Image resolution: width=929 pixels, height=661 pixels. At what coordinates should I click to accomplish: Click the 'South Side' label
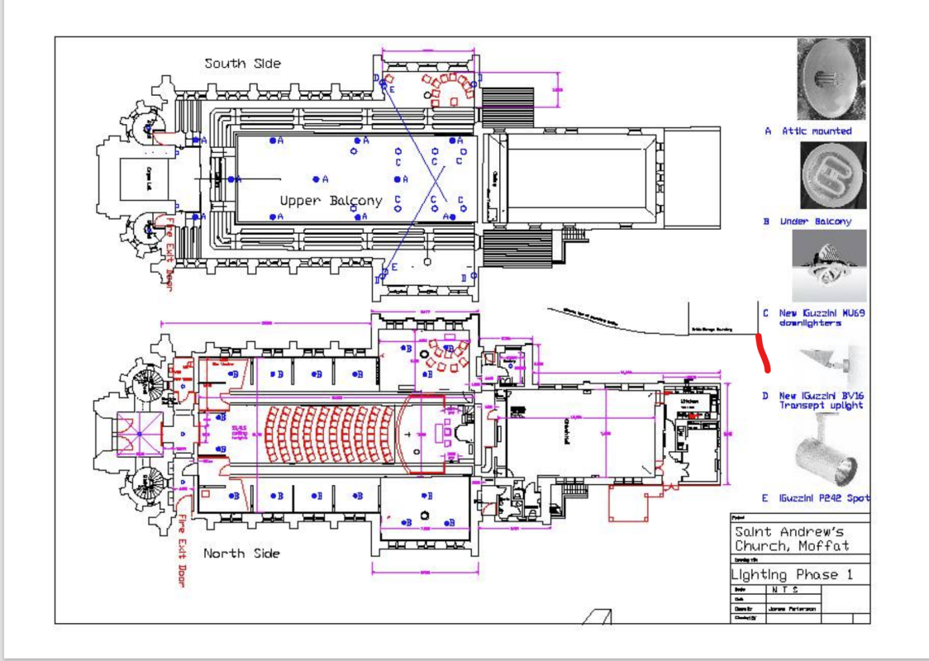243,64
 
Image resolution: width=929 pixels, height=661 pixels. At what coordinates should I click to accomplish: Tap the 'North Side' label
241,554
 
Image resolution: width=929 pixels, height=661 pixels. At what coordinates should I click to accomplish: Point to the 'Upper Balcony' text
331,201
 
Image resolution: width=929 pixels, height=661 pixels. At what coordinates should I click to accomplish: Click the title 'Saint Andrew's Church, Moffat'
791,540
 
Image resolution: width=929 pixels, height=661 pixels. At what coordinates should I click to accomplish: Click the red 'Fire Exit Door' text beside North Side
182,550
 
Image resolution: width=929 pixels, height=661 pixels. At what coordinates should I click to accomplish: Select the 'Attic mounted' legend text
816,131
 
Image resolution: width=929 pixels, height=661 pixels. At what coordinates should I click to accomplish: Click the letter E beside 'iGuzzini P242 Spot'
766,498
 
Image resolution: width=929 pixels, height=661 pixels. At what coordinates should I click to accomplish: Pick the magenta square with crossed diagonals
138,434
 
